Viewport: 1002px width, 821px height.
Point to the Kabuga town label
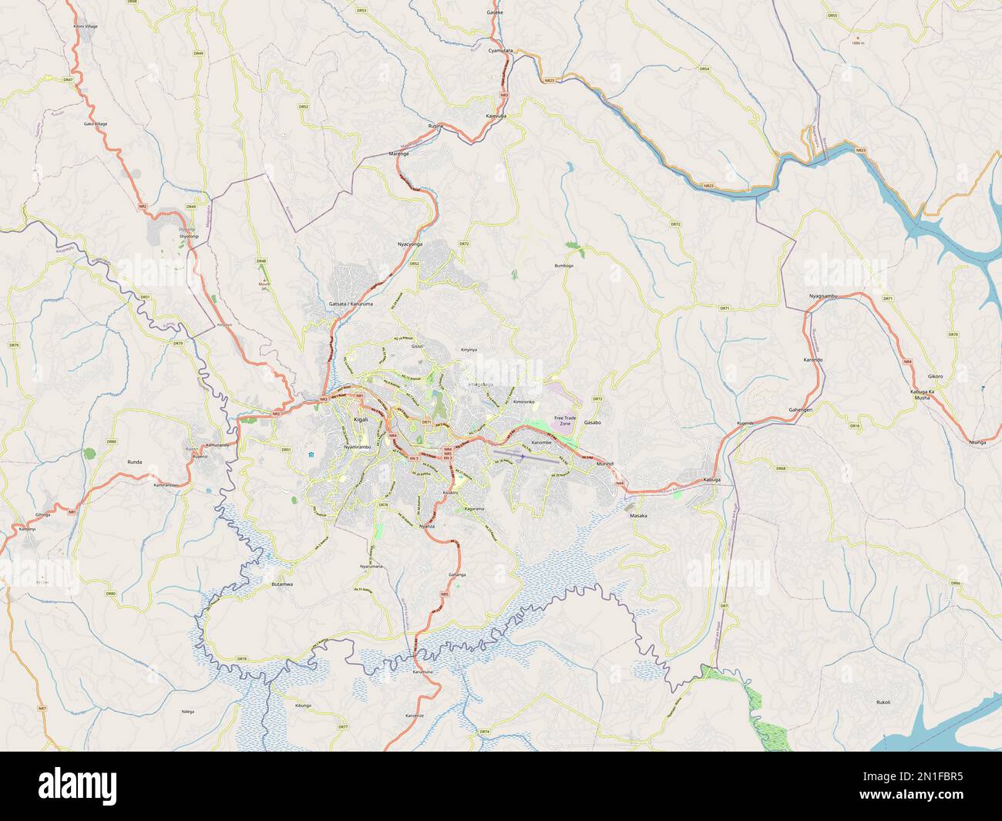[712, 480]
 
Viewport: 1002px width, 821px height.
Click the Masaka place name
[638, 515]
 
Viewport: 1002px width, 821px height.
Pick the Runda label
[134, 462]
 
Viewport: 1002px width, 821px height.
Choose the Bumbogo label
[564, 266]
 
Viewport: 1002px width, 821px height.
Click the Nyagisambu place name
[822, 295]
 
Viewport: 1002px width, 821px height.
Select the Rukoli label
[883, 702]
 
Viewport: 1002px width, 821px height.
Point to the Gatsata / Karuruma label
[351, 305]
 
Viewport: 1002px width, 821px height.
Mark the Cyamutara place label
[501, 49]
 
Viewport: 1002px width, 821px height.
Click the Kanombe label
[542, 442]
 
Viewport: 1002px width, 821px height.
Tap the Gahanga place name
[457, 575]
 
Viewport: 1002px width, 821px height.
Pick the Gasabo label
[592, 423]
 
